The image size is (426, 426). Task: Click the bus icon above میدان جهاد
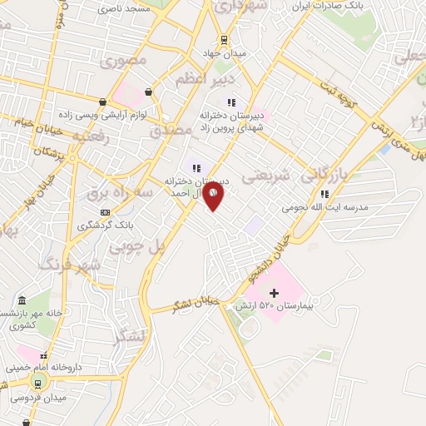pos(225,39)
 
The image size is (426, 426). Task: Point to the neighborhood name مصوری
pos(122,60)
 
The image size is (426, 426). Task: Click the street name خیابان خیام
pos(30,121)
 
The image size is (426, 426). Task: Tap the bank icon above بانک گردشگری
pos(105,213)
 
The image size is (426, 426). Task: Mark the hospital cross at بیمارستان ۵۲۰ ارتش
pos(274,293)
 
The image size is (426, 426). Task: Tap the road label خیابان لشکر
pos(196,304)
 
